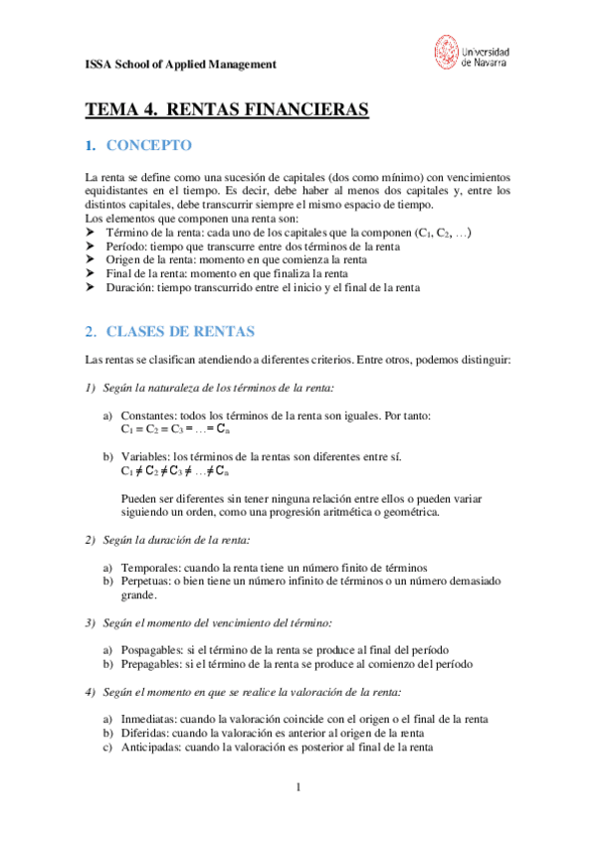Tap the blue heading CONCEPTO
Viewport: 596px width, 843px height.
click(x=148, y=146)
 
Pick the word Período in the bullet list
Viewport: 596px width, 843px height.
click(x=127, y=246)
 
